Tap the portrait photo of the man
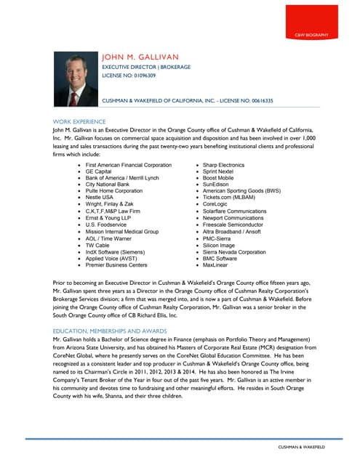click(x=76, y=79)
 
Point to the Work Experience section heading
click(x=79, y=121)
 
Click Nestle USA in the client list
click(x=100, y=198)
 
